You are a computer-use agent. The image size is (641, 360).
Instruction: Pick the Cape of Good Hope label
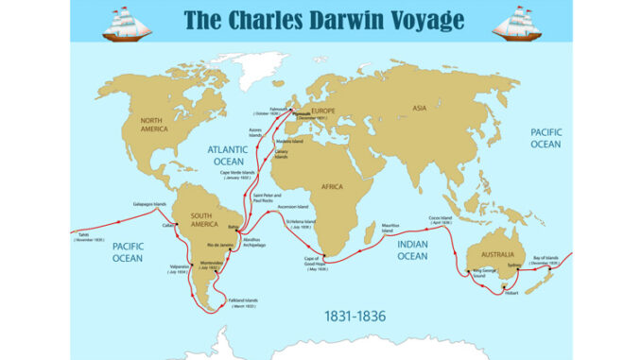pyautogui.click(x=315, y=262)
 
